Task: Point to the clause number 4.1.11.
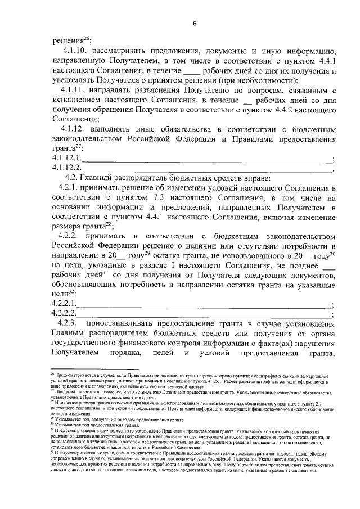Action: coord(78,92)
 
